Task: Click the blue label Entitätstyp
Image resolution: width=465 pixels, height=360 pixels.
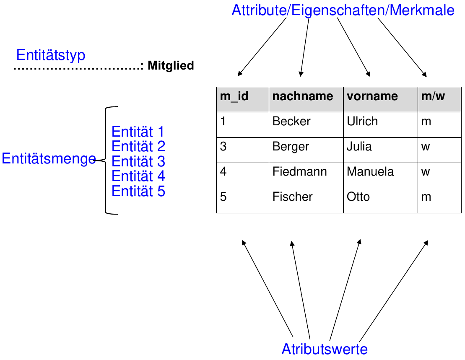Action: (51, 55)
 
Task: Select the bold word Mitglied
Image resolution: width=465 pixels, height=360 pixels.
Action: (171, 66)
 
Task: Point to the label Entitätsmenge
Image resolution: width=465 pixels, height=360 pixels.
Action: (49, 159)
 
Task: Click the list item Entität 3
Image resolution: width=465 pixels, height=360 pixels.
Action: (138, 161)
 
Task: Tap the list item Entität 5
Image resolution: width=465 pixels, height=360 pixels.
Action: (138, 192)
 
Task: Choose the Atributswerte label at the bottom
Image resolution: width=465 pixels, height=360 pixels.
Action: (325, 349)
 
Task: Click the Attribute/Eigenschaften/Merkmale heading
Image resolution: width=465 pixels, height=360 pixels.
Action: (343, 10)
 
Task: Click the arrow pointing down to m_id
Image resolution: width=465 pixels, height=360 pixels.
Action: (262, 47)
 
